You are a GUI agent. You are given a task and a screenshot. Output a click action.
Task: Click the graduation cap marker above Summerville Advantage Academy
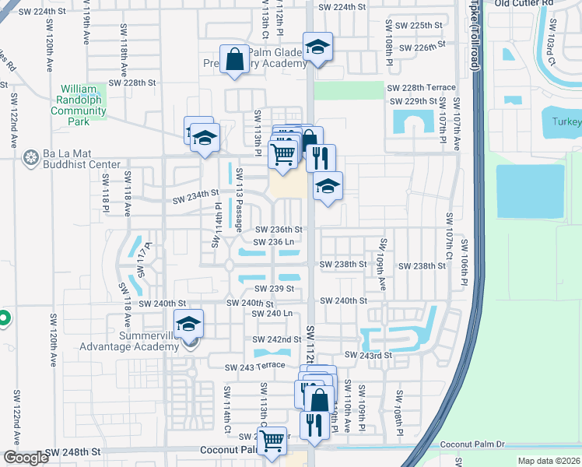(x=188, y=324)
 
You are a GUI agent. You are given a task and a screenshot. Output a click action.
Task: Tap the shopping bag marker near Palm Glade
(x=235, y=60)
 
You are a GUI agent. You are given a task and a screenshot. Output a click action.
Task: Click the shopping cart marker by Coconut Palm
(x=272, y=441)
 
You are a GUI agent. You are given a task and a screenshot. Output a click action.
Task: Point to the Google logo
(x=26, y=458)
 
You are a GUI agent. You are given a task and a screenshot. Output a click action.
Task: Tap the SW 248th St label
(x=73, y=451)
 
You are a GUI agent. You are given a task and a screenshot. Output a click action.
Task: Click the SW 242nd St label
(x=277, y=339)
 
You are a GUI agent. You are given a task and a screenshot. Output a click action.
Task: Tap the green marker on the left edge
(x=3, y=318)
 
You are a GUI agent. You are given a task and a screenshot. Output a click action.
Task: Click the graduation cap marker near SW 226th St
(x=317, y=47)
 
